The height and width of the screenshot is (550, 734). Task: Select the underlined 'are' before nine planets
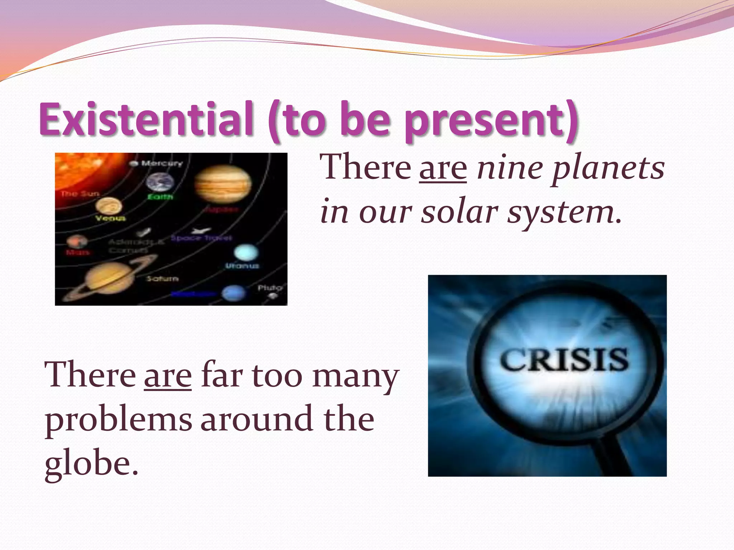click(x=443, y=168)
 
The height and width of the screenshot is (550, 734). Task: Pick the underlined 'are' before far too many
click(x=168, y=376)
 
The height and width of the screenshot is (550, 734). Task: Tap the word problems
click(x=118, y=421)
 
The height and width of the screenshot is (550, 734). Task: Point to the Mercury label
click(x=161, y=164)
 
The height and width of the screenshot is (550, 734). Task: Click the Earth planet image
click(x=160, y=182)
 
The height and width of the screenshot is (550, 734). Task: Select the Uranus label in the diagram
click(x=242, y=266)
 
